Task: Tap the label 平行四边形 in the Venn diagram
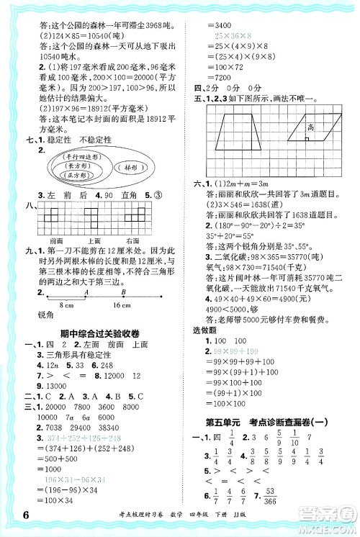pyautogui.click(x=80, y=155)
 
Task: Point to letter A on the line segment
pyautogui.click(x=85, y=293)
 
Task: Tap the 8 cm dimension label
pyautogui.click(x=66, y=306)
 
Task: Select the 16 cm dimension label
pyautogui.click(x=119, y=306)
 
